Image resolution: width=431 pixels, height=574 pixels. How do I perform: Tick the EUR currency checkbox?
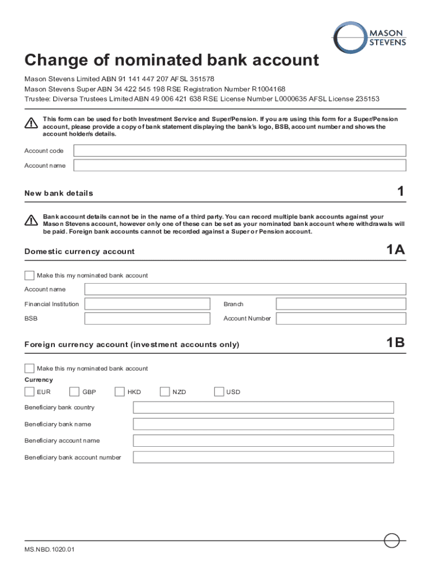click(x=29, y=391)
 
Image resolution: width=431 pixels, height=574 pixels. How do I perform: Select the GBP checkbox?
click(x=74, y=391)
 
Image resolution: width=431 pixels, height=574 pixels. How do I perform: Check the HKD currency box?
click(x=119, y=391)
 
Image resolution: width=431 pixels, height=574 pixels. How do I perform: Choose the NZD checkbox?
click(x=165, y=391)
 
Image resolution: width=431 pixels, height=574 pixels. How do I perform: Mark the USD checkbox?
click(x=219, y=391)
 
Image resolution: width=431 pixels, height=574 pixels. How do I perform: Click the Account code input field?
click(x=240, y=150)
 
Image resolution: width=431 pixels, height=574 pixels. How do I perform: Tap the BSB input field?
click(x=147, y=318)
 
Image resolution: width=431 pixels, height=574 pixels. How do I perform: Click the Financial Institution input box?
click(x=147, y=304)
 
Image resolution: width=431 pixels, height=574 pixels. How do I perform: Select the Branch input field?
click(x=341, y=304)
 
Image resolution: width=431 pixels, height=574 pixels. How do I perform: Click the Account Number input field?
click(x=341, y=318)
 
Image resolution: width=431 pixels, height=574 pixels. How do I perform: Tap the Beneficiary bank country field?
click(x=263, y=408)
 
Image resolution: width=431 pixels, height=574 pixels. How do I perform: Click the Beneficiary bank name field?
click(x=263, y=424)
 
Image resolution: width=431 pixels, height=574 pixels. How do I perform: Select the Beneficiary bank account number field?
click(x=263, y=457)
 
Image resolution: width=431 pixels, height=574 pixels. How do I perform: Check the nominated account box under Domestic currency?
click(x=29, y=275)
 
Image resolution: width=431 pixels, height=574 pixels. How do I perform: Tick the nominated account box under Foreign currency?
click(x=29, y=368)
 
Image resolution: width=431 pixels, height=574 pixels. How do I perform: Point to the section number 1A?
click(x=395, y=250)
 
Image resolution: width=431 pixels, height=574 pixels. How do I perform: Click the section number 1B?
click(x=395, y=342)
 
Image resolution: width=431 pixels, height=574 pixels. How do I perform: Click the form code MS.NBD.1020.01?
click(x=49, y=549)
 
